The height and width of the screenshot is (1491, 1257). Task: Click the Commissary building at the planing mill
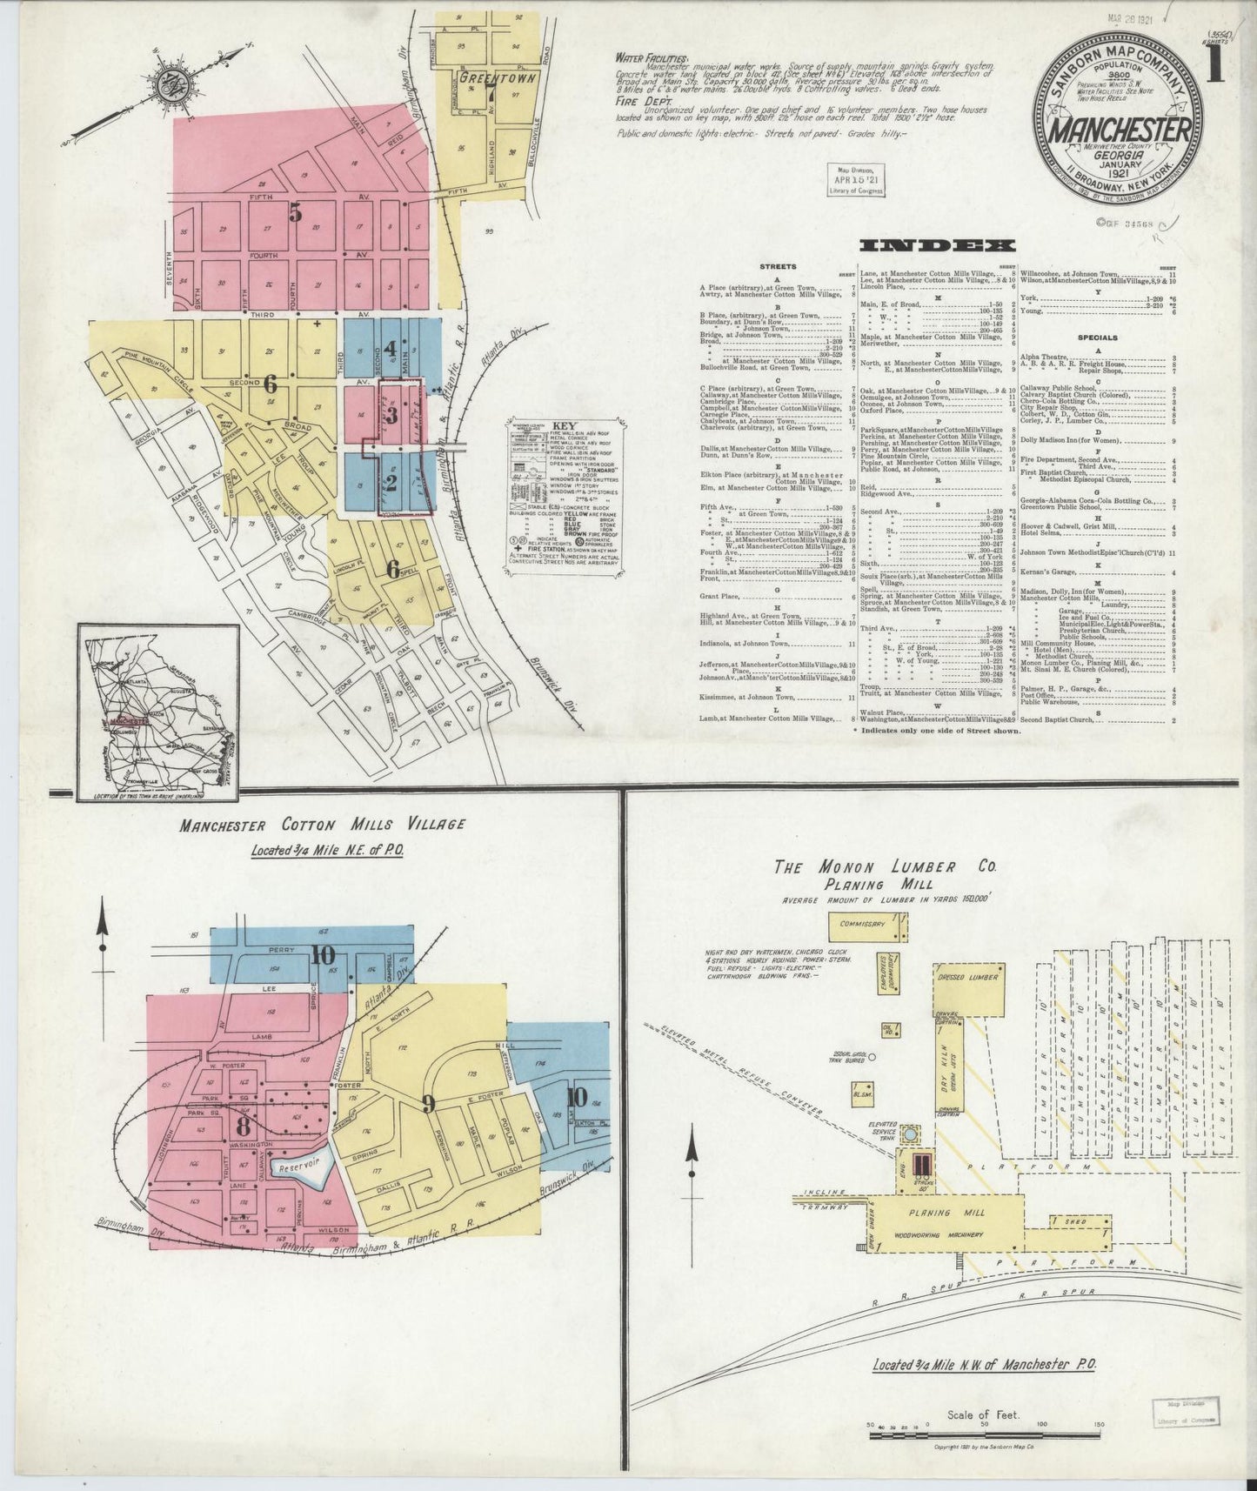[x=862, y=926]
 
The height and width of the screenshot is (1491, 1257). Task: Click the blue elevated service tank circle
[x=910, y=1134]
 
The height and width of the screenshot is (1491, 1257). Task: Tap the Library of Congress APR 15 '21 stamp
[x=855, y=180]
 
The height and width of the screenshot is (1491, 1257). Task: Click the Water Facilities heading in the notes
[x=640, y=58]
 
